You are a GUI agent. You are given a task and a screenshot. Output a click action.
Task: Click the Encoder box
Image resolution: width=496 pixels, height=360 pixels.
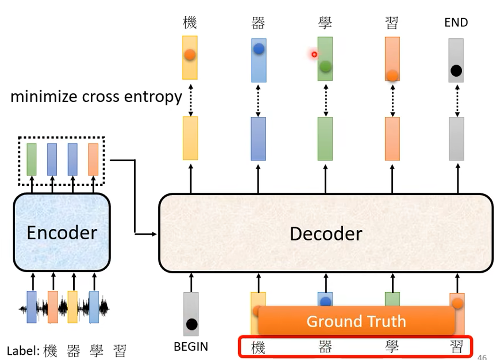(62, 232)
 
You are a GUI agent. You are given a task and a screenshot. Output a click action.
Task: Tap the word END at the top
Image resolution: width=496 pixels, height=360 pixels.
(456, 23)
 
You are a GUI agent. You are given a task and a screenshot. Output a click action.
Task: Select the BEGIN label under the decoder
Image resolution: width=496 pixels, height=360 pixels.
(191, 347)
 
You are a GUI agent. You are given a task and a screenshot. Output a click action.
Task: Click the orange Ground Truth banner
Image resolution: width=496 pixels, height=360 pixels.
(356, 321)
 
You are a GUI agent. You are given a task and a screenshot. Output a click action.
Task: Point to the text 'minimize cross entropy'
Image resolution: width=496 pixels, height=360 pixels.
(96, 97)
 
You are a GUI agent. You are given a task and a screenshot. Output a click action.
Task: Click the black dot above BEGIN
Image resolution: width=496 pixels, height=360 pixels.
(192, 324)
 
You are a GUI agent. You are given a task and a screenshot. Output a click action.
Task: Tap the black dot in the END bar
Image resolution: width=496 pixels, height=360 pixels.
(456, 71)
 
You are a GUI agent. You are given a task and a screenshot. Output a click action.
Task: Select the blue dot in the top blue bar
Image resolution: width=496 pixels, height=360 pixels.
(259, 49)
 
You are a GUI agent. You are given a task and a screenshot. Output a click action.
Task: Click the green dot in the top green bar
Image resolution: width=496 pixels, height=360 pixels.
(325, 67)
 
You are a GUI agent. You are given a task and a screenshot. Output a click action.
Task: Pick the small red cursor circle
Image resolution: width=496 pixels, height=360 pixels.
(314, 54)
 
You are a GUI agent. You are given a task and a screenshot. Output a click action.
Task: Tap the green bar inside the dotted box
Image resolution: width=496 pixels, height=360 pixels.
(31, 159)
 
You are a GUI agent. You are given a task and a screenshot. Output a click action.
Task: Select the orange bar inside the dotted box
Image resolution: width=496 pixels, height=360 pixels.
(93, 159)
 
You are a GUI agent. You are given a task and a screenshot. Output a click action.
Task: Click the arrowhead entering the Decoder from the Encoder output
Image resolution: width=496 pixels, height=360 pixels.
(155, 234)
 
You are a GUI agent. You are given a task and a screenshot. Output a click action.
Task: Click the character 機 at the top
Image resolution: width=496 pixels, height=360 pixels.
(190, 23)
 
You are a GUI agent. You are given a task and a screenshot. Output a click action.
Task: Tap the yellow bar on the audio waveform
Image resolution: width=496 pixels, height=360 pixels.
(72, 307)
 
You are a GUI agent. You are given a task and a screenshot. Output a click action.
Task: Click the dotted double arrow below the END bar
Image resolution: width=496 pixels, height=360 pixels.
(457, 101)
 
